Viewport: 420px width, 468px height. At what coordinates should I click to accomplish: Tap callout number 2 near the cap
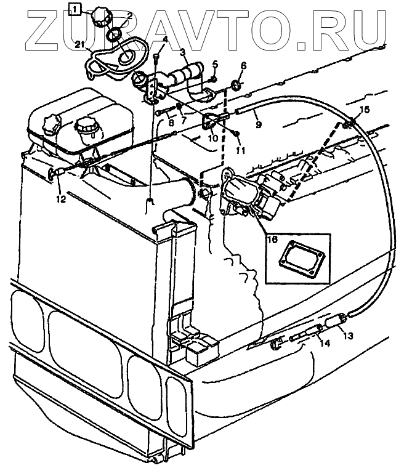tap(129, 15)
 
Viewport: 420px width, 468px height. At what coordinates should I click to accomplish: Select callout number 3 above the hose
tap(182, 54)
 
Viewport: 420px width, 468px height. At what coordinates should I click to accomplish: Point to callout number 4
tap(164, 41)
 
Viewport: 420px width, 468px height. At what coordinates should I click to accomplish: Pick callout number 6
tap(243, 65)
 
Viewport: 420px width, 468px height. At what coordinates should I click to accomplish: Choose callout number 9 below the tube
tap(258, 125)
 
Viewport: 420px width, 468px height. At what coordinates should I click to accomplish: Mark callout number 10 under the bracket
tap(212, 138)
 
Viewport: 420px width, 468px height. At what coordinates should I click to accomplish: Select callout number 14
tap(324, 344)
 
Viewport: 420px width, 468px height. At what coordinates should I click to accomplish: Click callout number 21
tap(79, 43)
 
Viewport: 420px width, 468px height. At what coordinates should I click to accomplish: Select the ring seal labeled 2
tap(115, 36)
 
